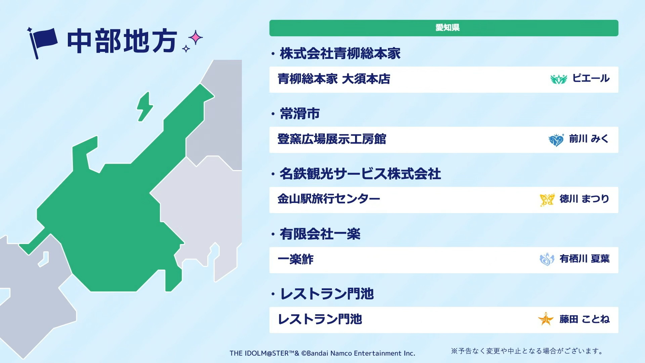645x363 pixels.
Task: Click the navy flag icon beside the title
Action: coord(42,42)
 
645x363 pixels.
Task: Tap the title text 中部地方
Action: coord(122,41)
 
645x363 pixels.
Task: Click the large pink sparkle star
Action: coord(195,38)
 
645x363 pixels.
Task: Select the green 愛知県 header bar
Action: coord(444,28)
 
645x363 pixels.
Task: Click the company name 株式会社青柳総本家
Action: coord(340,54)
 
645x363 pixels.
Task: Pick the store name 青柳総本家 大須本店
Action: coord(334,79)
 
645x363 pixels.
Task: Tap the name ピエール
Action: coord(591,79)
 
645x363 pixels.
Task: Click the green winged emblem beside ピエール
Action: coord(559,79)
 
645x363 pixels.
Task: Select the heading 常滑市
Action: coord(300,114)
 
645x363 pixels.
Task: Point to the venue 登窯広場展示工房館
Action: coord(332,139)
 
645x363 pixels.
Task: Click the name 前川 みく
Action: coord(589,139)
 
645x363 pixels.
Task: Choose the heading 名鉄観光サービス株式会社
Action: coord(360,174)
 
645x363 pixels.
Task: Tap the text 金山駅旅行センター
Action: coord(329,199)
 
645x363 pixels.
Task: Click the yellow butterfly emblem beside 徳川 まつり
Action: coord(547,200)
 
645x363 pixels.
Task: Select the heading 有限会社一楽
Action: coord(320,234)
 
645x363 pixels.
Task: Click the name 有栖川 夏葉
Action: coord(585,259)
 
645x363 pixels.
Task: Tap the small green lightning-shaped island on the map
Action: coord(144,107)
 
